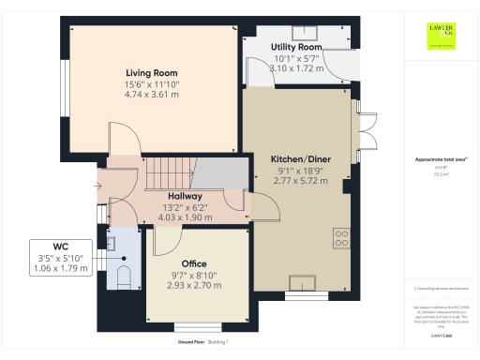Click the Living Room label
(152, 72)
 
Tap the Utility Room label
(296, 47)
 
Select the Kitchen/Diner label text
(299, 159)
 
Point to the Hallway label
(172, 195)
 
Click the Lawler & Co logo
(442, 35)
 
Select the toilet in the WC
(123, 275)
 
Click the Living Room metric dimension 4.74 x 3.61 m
(152, 95)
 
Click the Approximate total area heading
(440, 160)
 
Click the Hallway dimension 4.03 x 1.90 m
(172, 217)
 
